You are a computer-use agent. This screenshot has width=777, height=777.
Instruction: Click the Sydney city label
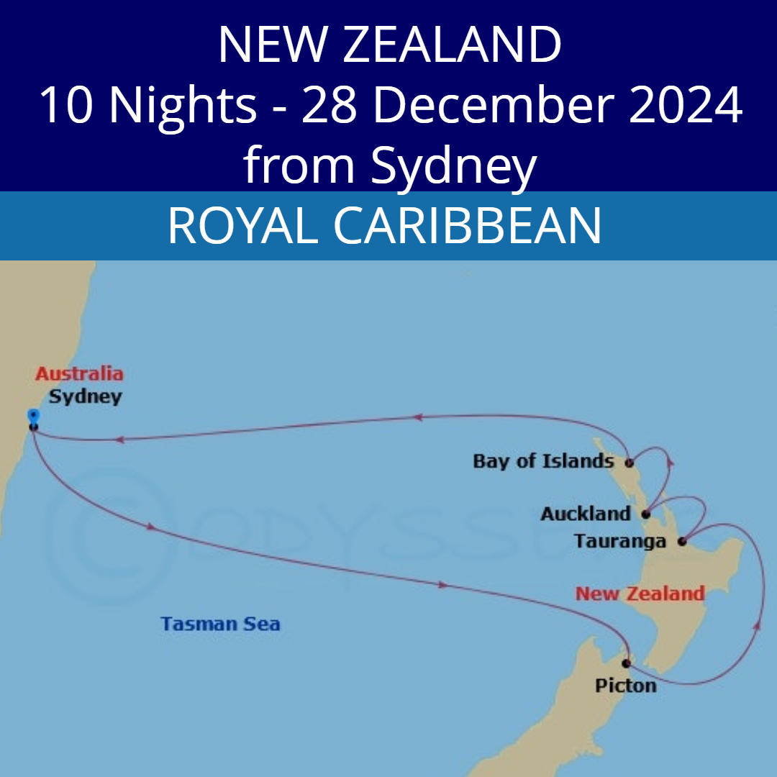point(85,397)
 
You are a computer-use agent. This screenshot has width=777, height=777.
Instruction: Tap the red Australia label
point(79,374)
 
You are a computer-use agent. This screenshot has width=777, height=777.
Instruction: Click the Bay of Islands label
point(543,462)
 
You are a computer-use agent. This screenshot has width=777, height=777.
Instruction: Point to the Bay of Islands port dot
point(629,463)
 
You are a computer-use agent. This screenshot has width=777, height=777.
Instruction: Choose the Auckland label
point(585,514)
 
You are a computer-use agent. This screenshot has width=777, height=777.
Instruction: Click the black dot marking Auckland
point(645,514)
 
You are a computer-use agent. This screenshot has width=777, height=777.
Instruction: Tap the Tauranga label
point(620,542)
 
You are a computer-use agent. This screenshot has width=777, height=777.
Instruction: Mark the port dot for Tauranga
point(682,540)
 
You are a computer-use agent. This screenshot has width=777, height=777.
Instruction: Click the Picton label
point(625,686)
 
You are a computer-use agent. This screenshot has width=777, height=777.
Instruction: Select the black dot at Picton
point(627,663)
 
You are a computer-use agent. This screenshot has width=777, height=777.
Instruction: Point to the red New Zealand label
point(640,594)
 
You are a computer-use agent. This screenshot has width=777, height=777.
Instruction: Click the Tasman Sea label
point(220,624)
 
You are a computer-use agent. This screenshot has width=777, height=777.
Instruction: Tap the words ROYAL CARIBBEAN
point(384,226)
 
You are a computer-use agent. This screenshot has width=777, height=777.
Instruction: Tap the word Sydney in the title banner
point(453,165)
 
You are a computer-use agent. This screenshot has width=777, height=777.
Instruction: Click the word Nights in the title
point(183,104)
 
